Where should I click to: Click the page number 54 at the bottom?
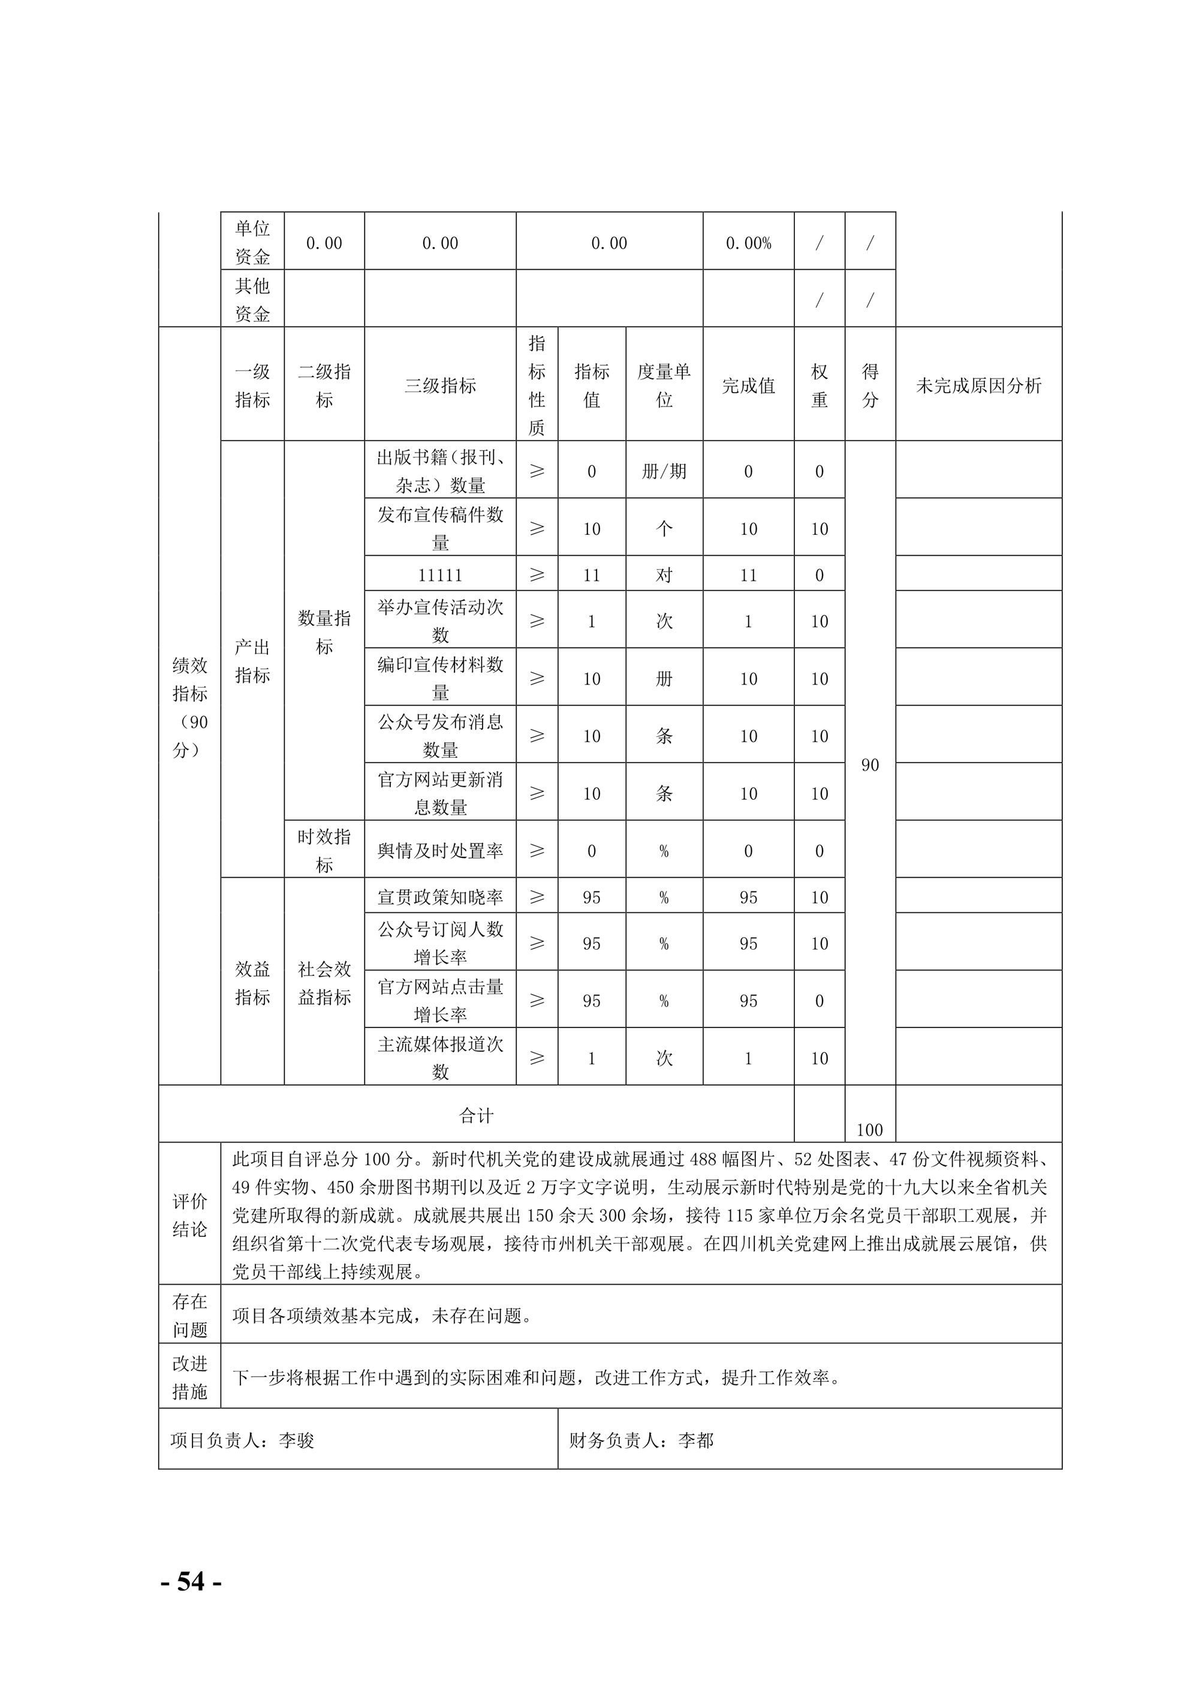[x=191, y=1581]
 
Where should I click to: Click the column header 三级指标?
[x=439, y=385]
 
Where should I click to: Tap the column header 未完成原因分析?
[x=978, y=385]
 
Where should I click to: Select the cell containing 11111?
[x=439, y=575]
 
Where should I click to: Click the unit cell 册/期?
[x=664, y=471]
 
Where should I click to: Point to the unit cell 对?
[x=664, y=575]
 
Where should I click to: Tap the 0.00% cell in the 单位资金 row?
[x=748, y=243]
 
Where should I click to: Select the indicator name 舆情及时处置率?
[x=439, y=851]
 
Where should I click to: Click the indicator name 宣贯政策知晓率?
[x=439, y=897]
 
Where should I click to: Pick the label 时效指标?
[x=324, y=850]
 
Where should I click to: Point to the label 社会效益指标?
[x=324, y=983]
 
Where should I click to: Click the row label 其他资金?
[x=252, y=299]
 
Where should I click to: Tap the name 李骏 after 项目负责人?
[x=296, y=1441]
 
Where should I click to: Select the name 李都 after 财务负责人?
[x=696, y=1441]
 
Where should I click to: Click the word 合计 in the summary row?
[x=476, y=1116]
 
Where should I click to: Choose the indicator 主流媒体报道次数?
[x=439, y=1058]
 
